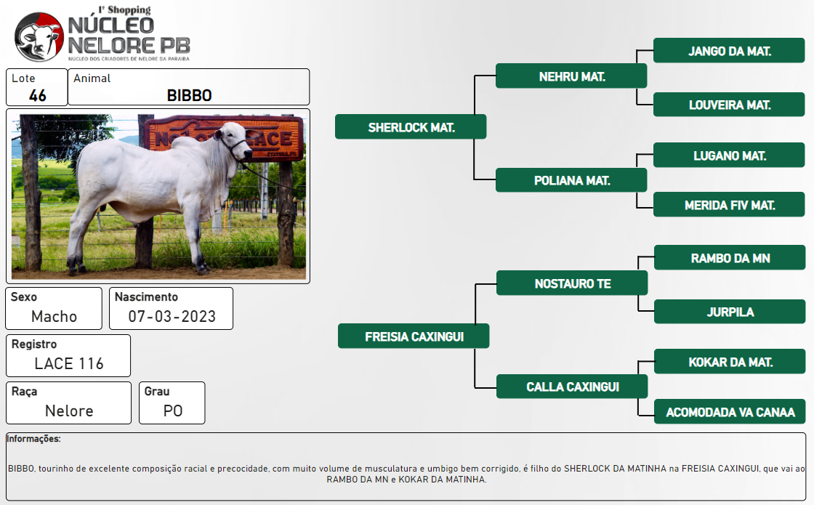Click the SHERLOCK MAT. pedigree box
(411, 126)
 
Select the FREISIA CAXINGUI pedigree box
(414, 336)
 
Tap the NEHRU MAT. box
(571, 76)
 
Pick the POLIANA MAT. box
(571, 179)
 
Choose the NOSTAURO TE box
(572, 283)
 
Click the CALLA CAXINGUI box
(572, 386)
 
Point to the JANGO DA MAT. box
(729, 50)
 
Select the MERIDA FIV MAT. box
(729, 204)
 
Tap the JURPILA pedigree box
(730, 312)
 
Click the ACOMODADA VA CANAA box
(730, 411)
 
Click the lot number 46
(37, 95)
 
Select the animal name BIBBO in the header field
(189, 95)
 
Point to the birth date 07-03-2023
(172, 316)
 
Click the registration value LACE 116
(69, 363)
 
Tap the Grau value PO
(173, 411)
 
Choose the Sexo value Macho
(54, 316)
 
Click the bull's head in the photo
(233, 140)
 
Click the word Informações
(33, 439)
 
